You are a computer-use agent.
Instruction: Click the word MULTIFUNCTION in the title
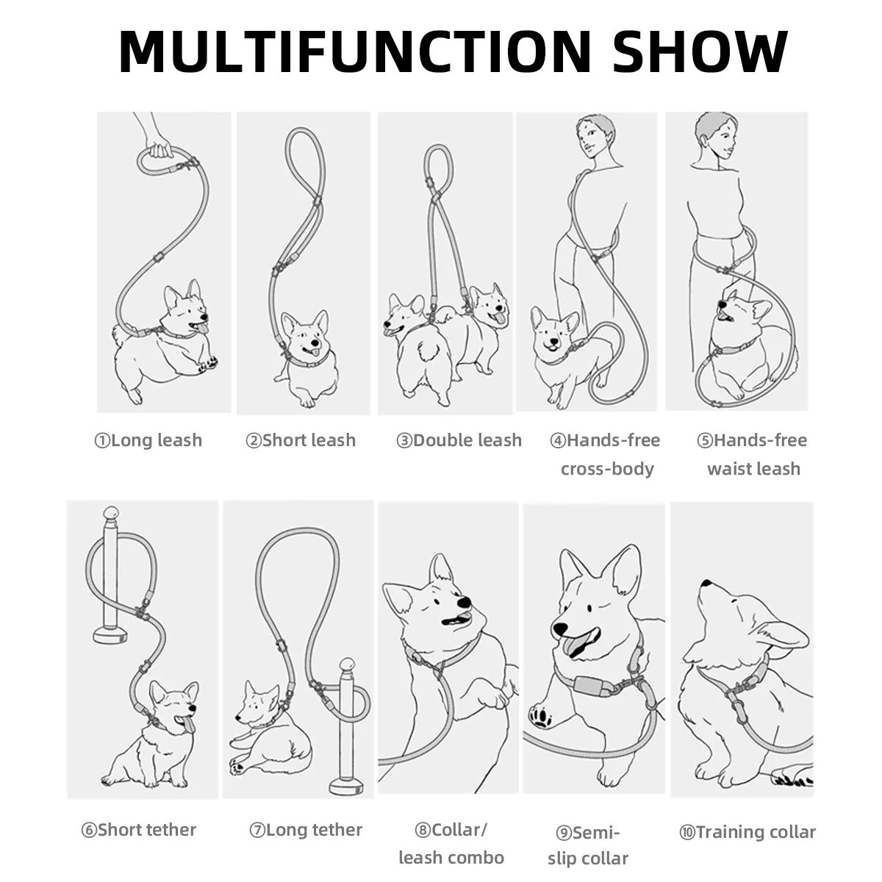click(355, 51)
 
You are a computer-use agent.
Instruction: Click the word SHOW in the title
click(700, 51)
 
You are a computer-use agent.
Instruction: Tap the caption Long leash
click(156, 440)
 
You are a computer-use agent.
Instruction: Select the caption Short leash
click(309, 440)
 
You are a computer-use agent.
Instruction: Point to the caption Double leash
click(467, 440)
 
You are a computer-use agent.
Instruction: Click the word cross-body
click(607, 469)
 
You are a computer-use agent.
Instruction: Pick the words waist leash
click(753, 469)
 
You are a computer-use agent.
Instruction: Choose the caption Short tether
click(146, 829)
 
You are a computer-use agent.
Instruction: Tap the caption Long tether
click(314, 829)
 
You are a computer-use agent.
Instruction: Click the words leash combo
click(451, 857)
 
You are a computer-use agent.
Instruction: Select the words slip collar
click(588, 858)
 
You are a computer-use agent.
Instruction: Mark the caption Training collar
click(756, 831)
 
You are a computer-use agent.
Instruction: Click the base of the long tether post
click(346, 786)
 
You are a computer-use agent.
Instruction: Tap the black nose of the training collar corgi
click(706, 584)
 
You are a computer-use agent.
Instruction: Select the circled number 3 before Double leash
click(404, 441)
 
